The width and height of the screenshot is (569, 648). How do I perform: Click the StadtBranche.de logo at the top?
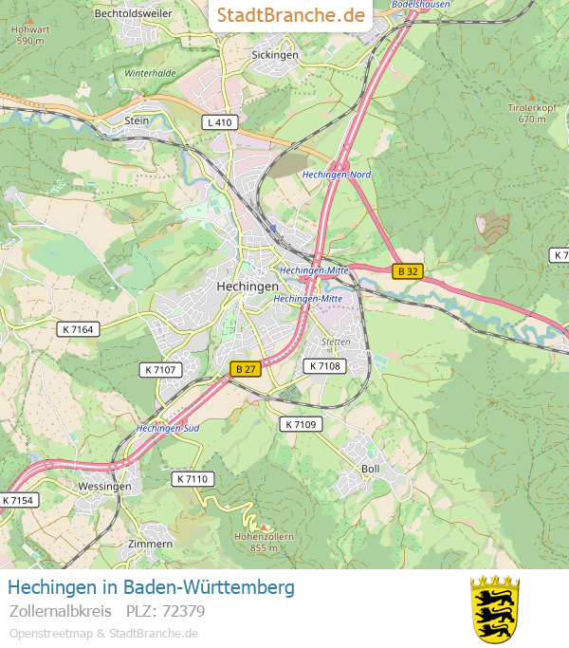(x=290, y=15)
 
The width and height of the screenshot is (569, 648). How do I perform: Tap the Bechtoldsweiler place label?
(x=134, y=13)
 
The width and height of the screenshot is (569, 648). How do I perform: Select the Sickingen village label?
(x=275, y=55)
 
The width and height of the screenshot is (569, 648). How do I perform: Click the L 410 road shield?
(x=219, y=122)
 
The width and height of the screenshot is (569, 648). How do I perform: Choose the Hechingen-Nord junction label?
(x=337, y=175)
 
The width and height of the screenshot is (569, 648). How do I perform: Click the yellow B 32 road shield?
(x=408, y=271)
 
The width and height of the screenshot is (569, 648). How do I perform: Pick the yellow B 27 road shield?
(x=246, y=368)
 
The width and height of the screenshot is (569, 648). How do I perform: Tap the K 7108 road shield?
(x=324, y=365)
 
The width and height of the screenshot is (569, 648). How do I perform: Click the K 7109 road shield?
(x=301, y=424)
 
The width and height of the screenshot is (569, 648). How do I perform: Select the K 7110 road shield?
(x=193, y=479)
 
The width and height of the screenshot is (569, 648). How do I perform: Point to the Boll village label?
(x=371, y=469)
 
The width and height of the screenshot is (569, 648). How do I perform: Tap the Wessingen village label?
(x=104, y=486)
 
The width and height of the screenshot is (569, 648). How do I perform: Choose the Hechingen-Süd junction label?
(x=168, y=429)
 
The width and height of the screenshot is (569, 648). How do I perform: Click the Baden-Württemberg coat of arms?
(x=495, y=608)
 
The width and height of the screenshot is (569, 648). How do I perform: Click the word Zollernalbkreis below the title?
(x=61, y=611)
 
